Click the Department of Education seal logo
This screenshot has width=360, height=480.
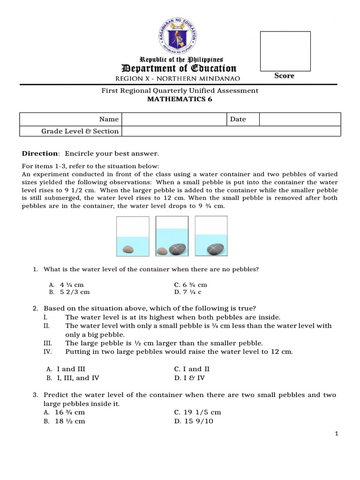[x=180, y=36]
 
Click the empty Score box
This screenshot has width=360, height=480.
[x=285, y=51]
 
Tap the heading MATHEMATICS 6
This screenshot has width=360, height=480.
[x=180, y=99]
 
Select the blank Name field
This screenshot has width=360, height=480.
[x=174, y=119]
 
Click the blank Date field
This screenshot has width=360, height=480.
[x=300, y=119]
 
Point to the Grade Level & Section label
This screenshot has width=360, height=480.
[x=80, y=131]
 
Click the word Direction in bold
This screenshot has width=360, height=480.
[x=40, y=153]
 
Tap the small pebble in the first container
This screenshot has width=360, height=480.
[x=127, y=250]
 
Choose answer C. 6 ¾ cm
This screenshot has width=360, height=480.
[x=190, y=285]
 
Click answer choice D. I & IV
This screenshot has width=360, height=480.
[x=189, y=377]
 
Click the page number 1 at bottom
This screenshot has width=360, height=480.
[x=337, y=434]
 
